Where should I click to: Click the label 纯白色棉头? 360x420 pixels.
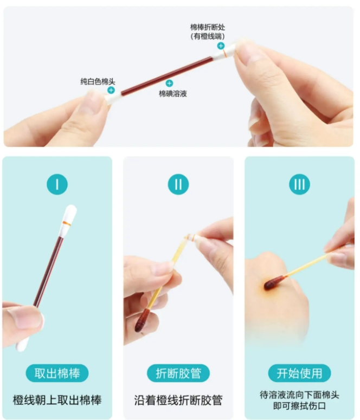click(x=98, y=81)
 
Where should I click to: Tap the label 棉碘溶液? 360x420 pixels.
click(x=172, y=93)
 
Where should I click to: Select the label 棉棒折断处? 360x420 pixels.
click(x=208, y=27)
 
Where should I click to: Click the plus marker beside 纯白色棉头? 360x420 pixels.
click(x=111, y=90)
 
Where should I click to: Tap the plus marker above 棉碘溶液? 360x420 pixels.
click(x=169, y=83)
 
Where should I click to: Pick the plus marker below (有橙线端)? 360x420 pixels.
click(x=221, y=46)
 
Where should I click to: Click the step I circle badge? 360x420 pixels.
click(x=57, y=184)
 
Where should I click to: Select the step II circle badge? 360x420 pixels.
click(x=178, y=184)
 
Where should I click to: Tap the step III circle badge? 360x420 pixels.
click(x=299, y=184)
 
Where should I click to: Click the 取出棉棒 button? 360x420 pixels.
click(x=57, y=373)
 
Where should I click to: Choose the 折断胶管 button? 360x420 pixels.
click(x=178, y=373)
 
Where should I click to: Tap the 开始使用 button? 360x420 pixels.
click(x=299, y=373)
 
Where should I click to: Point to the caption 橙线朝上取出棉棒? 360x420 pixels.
click(x=57, y=400)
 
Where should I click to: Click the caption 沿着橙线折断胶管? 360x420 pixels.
click(x=178, y=400)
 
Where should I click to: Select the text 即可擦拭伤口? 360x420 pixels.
click(x=299, y=406)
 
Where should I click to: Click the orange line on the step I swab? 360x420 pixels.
click(x=67, y=223)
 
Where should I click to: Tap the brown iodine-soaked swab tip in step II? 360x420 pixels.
click(x=142, y=320)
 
